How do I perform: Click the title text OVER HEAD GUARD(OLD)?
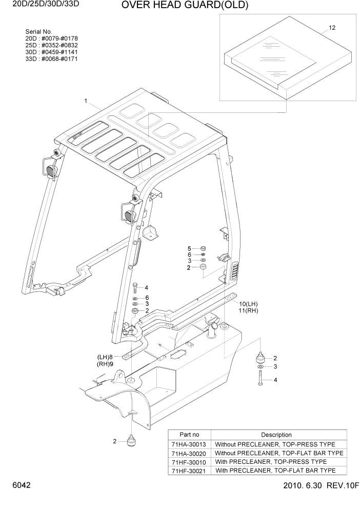click(177, 6)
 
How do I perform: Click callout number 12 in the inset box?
click(332, 28)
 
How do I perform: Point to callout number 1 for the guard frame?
click(86, 101)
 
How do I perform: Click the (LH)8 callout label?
click(105, 357)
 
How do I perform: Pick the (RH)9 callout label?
click(105, 364)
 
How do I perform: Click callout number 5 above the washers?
click(189, 248)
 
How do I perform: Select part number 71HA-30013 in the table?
click(189, 444)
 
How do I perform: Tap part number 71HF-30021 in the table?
click(189, 471)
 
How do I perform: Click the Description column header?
click(276, 435)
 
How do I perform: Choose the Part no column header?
click(189, 435)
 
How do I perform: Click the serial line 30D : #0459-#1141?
click(48, 52)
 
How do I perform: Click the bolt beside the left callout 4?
click(134, 287)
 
